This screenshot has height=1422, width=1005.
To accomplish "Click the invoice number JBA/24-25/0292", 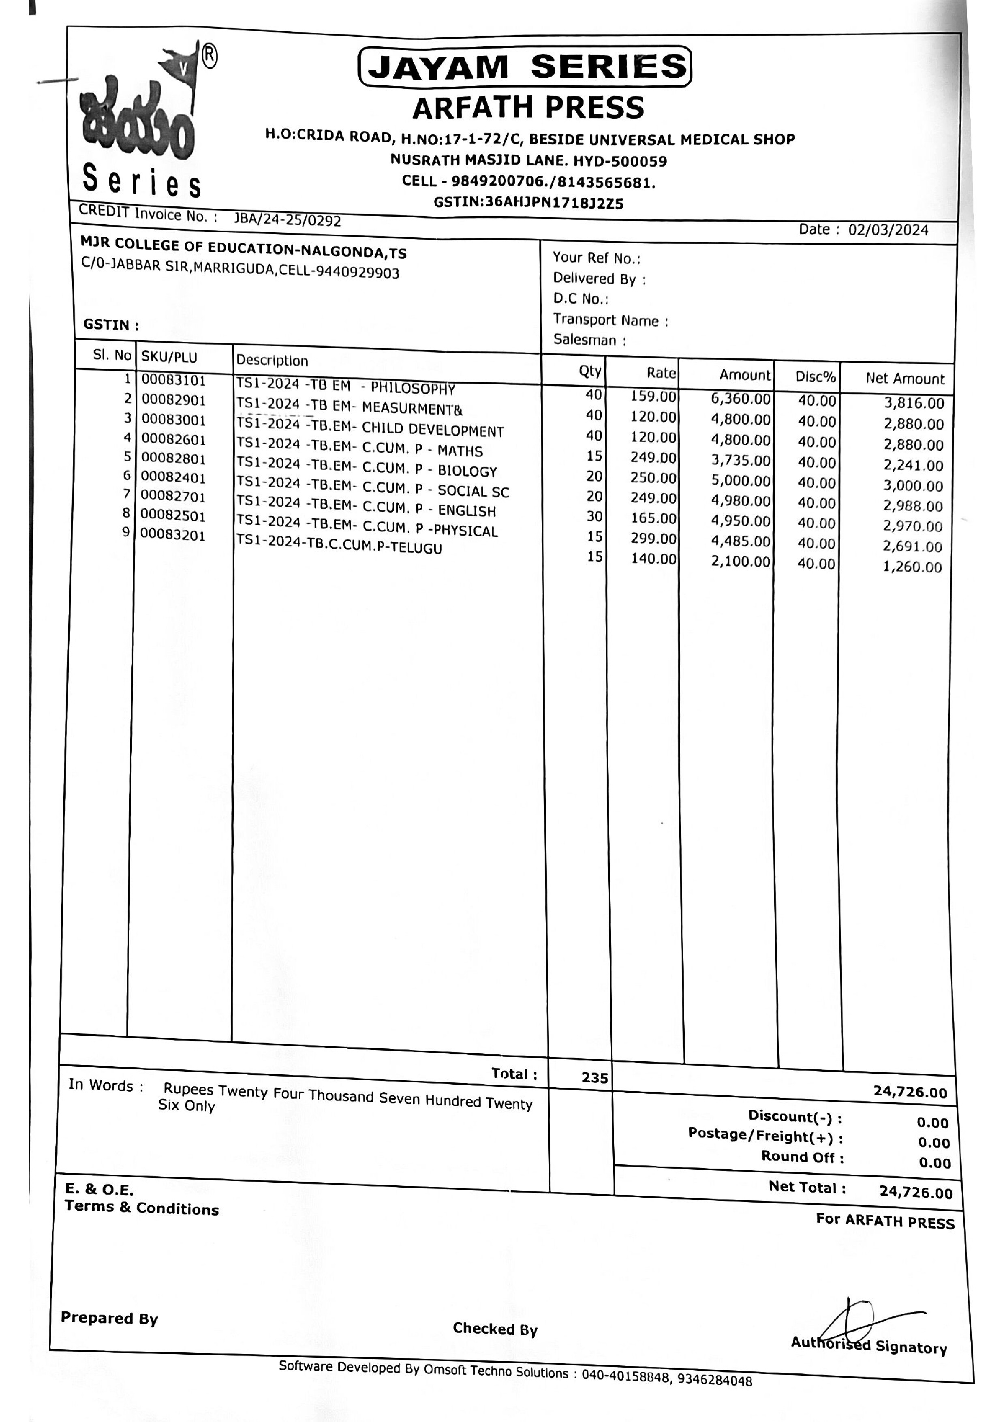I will click(x=287, y=219).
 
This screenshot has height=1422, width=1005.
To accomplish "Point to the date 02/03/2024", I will click(x=888, y=230).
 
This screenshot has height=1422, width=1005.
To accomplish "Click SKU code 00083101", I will click(x=173, y=380).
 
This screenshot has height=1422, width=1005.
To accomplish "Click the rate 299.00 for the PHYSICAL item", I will click(x=653, y=538).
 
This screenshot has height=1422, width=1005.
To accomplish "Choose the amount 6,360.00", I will click(x=741, y=398).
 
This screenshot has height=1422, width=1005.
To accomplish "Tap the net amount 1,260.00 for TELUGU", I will click(x=912, y=567).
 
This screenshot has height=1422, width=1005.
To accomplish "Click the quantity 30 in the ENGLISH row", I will click(x=594, y=516).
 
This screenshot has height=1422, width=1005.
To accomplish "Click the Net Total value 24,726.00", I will click(x=915, y=1192).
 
